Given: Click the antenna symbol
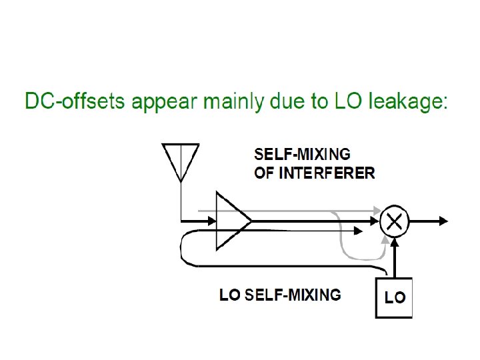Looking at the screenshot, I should tap(181, 160).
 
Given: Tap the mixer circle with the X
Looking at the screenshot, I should tap(394, 221).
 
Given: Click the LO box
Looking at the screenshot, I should tap(394, 297).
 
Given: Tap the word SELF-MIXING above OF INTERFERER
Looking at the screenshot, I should tap(303, 154).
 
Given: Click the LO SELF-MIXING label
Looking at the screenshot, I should tap(280, 294).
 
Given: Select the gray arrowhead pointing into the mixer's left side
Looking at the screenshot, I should tap(377, 211).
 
